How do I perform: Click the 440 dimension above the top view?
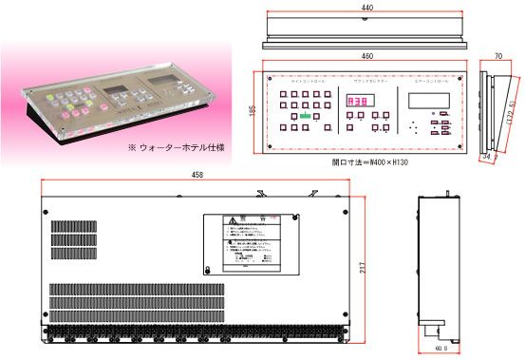coord(366,7)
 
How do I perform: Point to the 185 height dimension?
coord(253,111)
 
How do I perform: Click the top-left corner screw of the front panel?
coord(272,77)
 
